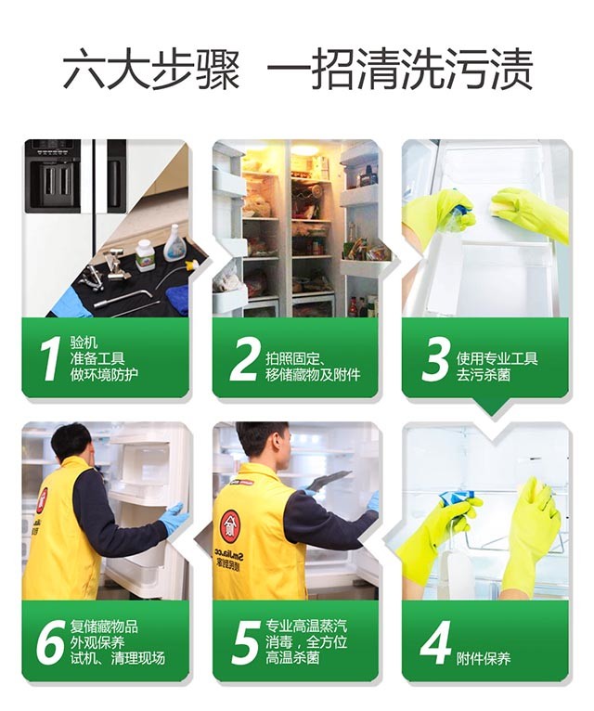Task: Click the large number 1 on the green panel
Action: [50, 359]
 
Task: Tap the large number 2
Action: [244, 359]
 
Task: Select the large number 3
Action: [435, 359]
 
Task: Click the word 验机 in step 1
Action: [84, 343]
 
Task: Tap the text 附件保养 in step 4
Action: [484, 658]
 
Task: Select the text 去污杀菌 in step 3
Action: [484, 375]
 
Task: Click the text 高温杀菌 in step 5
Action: [293, 657]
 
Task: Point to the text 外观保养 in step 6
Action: [97, 642]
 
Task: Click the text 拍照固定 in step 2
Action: [292, 359]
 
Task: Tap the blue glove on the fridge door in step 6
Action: [174, 516]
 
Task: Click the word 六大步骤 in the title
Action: [150, 71]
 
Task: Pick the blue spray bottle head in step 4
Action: [458, 498]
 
